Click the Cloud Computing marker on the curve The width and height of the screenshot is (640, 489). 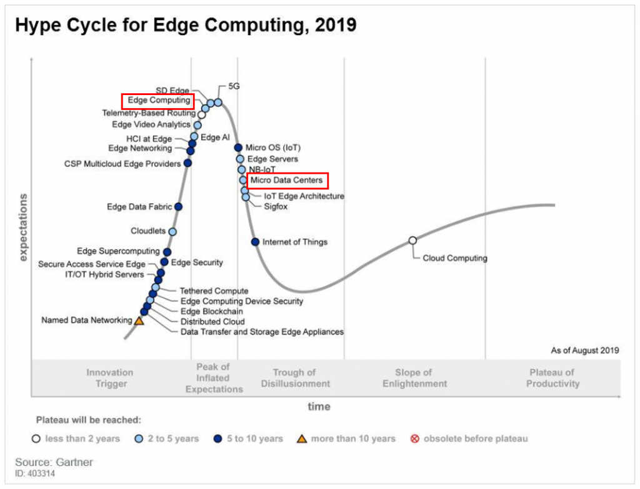pos(412,241)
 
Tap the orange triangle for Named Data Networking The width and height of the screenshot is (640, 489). pos(139,321)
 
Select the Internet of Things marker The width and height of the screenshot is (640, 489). pos(255,242)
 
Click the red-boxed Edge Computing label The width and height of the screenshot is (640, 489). pos(158,100)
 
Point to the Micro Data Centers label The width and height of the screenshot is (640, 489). pos(287,181)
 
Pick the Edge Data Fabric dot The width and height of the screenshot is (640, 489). pos(178,206)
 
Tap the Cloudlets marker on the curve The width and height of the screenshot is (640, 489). pos(172,231)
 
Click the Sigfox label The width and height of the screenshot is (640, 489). pos(276,206)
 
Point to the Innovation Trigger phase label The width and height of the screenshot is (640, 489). pos(110,378)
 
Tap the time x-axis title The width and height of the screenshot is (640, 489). pos(319,406)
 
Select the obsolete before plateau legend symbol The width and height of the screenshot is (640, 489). pos(414,438)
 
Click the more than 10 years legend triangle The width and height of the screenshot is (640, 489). pos(301,438)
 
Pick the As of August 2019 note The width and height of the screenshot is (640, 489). pos(585,350)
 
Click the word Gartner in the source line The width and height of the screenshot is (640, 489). pos(75,463)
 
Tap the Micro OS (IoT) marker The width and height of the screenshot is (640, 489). pos(238,148)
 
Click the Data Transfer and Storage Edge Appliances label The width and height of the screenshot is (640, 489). pos(262,331)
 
